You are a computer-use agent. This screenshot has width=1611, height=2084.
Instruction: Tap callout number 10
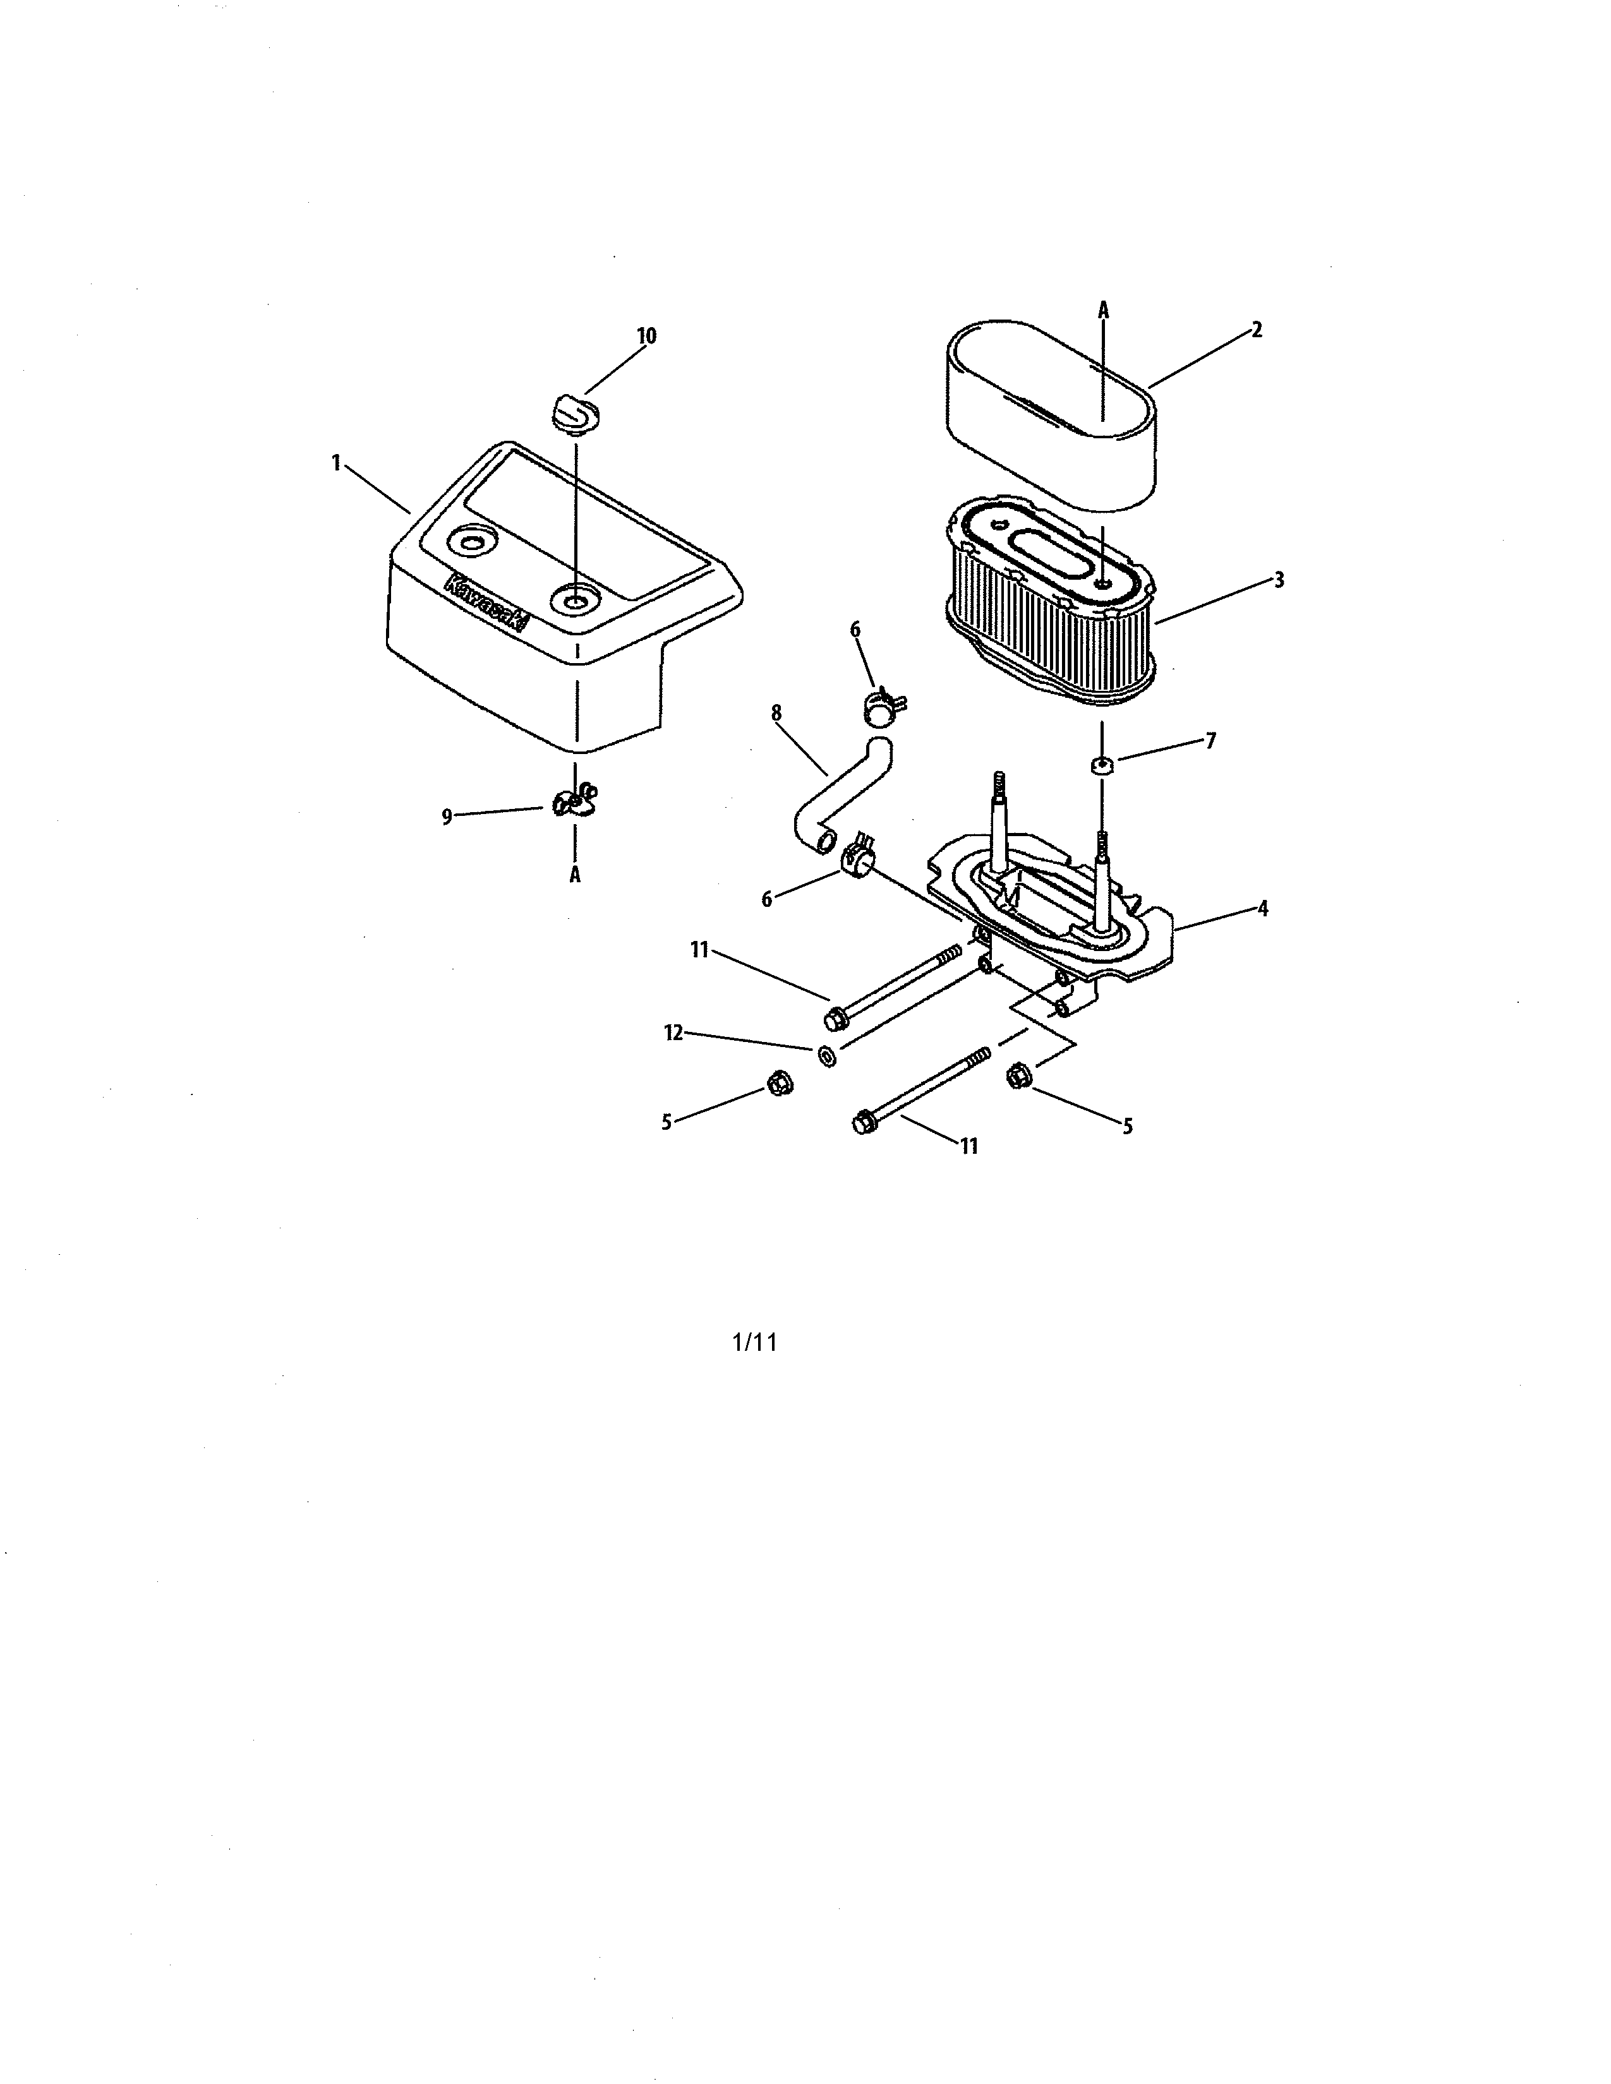click(x=646, y=336)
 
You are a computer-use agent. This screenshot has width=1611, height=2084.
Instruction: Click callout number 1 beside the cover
click(x=336, y=463)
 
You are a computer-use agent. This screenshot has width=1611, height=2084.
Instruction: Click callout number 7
click(x=1210, y=741)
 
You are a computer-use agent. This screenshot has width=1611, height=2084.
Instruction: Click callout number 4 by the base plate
click(x=1263, y=908)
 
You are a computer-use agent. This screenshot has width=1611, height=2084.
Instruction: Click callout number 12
click(x=674, y=1033)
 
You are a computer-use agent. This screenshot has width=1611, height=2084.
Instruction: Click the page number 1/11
click(x=754, y=1343)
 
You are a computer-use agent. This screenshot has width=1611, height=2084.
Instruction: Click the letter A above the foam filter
click(x=1103, y=309)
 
